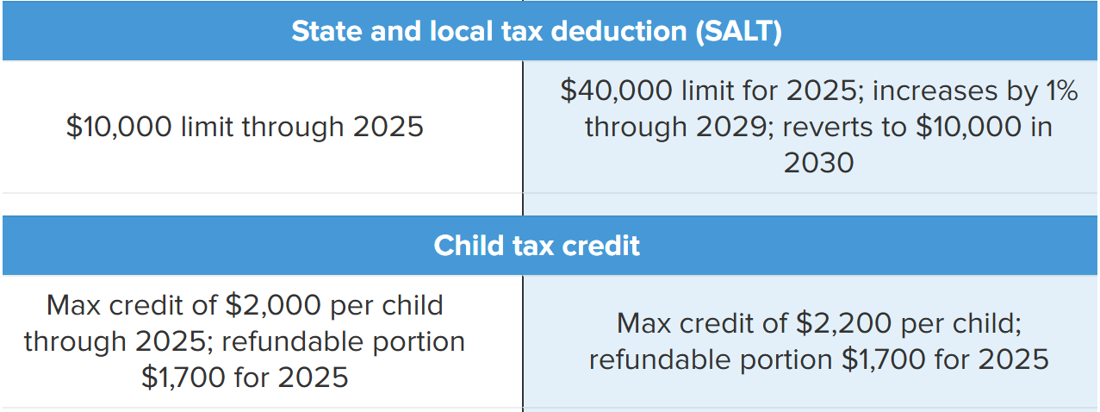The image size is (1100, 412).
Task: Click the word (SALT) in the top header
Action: (x=738, y=32)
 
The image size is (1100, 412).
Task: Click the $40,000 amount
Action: (x=616, y=91)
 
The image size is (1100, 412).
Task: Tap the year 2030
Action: (x=818, y=163)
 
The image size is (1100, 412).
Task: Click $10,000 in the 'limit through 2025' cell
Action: (x=119, y=127)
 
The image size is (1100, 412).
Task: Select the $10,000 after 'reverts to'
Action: (x=969, y=127)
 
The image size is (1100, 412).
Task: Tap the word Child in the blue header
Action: (x=469, y=246)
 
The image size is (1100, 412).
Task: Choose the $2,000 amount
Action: (x=273, y=305)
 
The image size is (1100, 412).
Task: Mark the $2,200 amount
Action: (x=843, y=323)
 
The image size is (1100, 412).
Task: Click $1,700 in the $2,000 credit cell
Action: (x=183, y=378)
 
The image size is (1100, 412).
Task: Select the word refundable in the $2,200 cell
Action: (x=660, y=359)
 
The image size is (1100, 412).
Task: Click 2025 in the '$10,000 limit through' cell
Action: (x=388, y=127)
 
